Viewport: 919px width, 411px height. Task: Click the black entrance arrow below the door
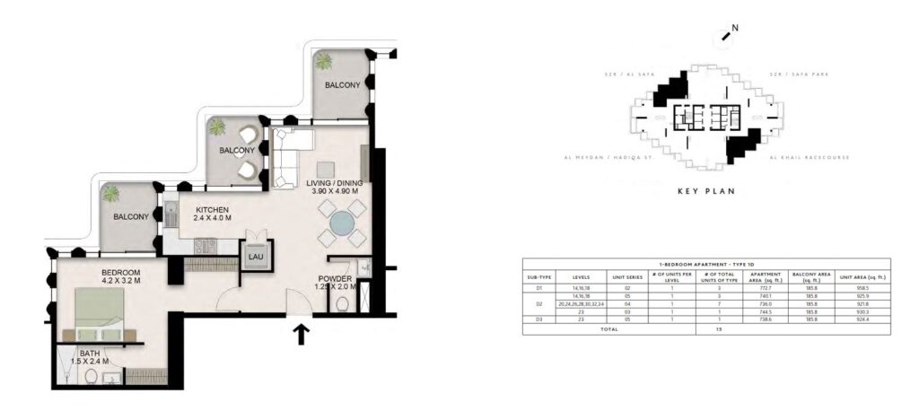301,336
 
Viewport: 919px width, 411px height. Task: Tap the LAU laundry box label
255,257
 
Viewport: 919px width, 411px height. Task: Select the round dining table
341,223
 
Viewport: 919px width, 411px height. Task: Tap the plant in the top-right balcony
324,62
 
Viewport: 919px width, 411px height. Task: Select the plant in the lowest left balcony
111,193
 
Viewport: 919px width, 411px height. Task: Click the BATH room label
89,354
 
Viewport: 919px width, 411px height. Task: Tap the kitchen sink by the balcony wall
170,215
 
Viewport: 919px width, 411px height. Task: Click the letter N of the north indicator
735,28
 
